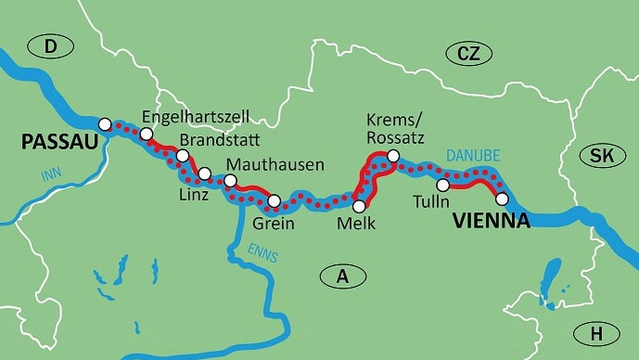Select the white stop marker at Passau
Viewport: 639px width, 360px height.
pos(105,124)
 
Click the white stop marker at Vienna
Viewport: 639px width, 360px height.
pos(502,199)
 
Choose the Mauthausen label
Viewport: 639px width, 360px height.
pos(275,164)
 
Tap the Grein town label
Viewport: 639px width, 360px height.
pos(274,223)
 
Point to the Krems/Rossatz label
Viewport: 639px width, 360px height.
pos(396,130)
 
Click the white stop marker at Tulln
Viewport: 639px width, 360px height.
pos(443,186)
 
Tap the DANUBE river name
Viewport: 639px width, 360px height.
pos(471,155)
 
